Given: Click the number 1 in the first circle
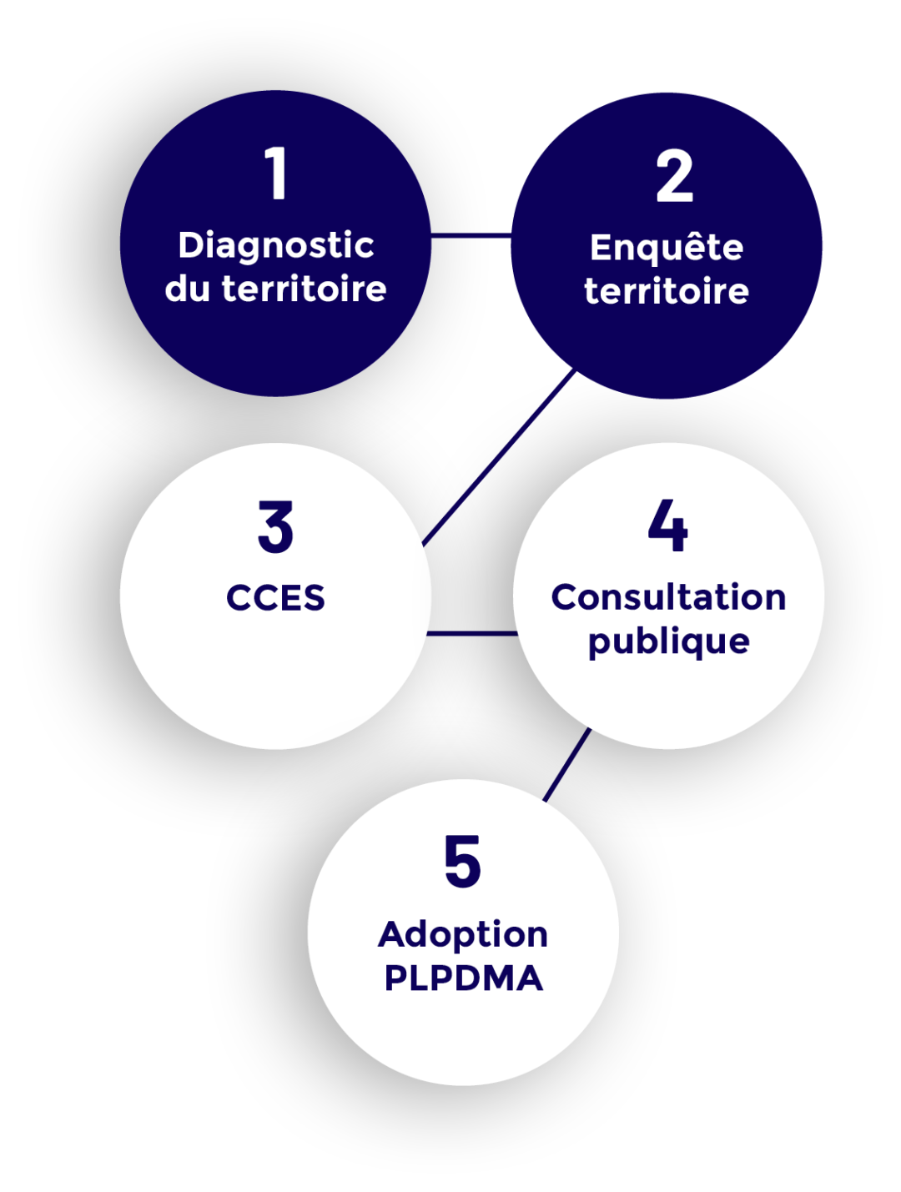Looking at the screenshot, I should (x=276, y=174).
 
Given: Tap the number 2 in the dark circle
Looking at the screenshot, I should (x=674, y=176).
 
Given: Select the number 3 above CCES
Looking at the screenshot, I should (x=275, y=527).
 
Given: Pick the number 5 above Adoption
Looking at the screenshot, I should (x=462, y=862).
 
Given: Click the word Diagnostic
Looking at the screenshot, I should (x=276, y=246).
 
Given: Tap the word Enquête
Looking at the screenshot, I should (x=666, y=248).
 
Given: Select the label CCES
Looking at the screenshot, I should (x=275, y=598).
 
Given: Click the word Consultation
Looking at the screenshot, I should (x=668, y=597).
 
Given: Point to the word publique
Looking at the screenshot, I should (x=668, y=642).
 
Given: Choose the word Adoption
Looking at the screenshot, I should (x=463, y=935).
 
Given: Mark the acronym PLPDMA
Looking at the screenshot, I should (x=463, y=978).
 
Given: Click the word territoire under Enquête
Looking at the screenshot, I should (x=666, y=292).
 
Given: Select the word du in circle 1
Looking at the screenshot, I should (x=187, y=289).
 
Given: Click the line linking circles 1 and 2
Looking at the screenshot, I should (x=471, y=236).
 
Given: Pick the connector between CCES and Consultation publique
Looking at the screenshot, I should (x=472, y=634).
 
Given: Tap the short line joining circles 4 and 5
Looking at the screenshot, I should (x=567, y=764).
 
